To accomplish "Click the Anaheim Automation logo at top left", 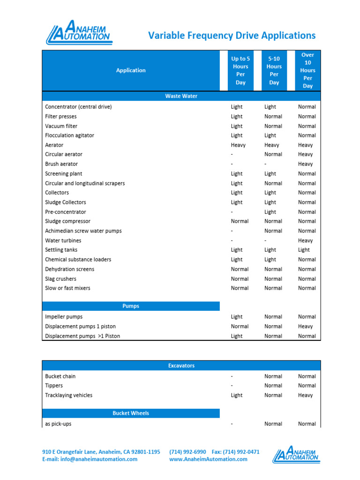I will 79,33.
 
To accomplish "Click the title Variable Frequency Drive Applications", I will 232,36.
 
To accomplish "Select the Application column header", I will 131,70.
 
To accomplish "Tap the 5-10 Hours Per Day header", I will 274,70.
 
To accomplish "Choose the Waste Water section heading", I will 181,96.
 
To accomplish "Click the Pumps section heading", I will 131,306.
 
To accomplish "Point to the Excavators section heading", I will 181,366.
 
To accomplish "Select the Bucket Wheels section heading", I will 131,413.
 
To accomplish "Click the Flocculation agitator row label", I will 69,135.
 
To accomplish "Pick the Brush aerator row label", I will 61,164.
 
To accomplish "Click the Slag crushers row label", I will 60,279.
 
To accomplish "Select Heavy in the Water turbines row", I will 305,240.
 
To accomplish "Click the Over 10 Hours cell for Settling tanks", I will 304,250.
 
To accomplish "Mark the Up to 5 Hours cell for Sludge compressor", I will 240,221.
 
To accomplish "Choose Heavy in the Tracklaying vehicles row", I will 305,395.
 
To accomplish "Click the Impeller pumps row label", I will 63,317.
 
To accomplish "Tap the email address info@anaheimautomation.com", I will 90,459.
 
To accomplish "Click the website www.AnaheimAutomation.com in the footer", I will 208,459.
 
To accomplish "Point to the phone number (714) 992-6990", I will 187,452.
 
